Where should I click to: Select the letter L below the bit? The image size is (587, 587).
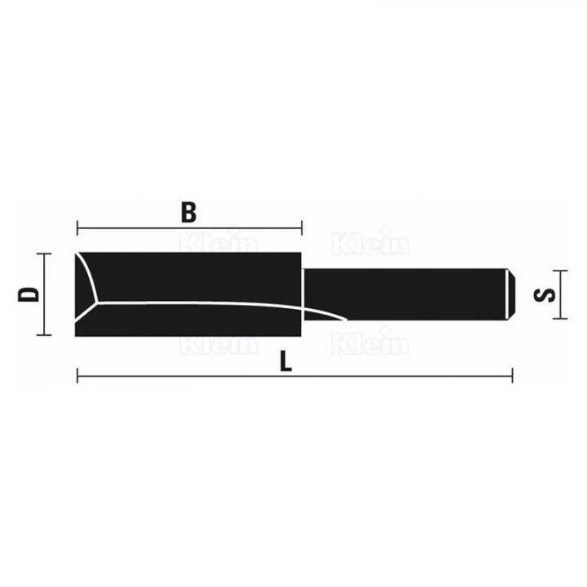pos(284,362)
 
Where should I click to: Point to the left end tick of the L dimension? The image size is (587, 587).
pos(77,376)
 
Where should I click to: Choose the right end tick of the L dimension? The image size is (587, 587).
pos(511,376)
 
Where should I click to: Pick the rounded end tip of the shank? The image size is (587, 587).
pos(511,294)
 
